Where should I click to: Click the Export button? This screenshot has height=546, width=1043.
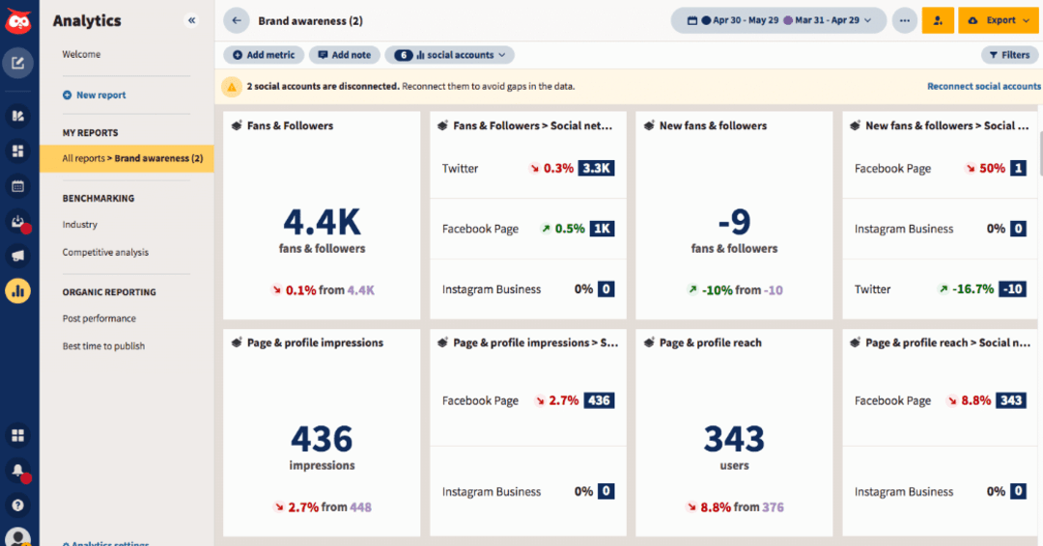pos(998,20)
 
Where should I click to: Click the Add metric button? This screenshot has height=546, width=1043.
pos(264,55)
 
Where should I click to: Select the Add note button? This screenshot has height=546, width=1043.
pos(345,55)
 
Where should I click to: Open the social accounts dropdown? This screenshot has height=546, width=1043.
pos(450,55)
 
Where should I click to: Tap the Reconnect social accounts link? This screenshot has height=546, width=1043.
pos(983,86)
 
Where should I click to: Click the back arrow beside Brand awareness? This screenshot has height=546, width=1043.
pos(237,20)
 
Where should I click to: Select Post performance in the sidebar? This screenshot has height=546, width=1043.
pos(99,318)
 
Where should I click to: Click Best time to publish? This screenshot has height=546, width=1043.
pos(103,346)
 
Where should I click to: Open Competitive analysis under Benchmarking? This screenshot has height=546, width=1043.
pos(105,253)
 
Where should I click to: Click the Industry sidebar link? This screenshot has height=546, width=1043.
pos(80,225)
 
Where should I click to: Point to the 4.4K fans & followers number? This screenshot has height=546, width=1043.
pos(322,222)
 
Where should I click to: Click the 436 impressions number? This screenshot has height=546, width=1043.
pos(322,440)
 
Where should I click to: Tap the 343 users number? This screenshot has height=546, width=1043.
pos(734,440)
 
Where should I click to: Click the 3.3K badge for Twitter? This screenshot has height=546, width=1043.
pos(596,168)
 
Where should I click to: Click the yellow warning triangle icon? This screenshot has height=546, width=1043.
pos(232,87)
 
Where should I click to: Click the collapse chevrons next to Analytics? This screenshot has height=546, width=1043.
pos(191,20)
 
